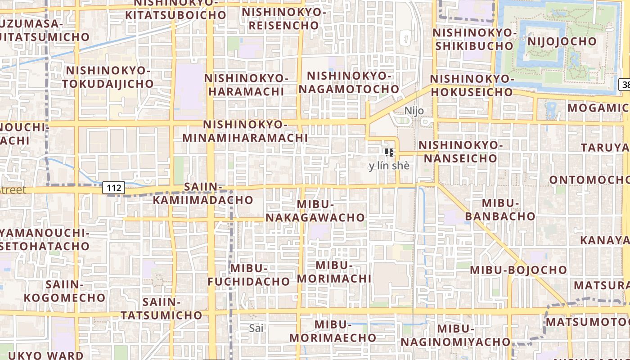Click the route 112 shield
pyautogui.click(x=113, y=188)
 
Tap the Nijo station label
pyautogui.click(x=414, y=111)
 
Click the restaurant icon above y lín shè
pyautogui.click(x=390, y=152)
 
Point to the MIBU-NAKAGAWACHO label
pyautogui.click(x=315, y=211)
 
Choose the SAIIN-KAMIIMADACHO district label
pyautogui.click(x=203, y=193)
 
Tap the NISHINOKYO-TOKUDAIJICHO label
pyautogui.click(x=108, y=77)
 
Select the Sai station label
pyautogui.click(x=256, y=328)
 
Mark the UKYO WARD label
pyautogui.click(x=45, y=355)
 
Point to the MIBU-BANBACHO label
pyautogui.click(x=500, y=210)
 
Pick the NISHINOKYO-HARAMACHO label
pyautogui.click(x=245, y=85)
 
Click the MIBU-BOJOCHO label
pyautogui.click(x=518, y=270)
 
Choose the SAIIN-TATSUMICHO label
pyautogui.click(x=161, y=308)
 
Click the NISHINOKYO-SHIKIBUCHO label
pyautogui.click(x=473, y=39)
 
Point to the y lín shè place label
pyautogui.click(x=389, y=166)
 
